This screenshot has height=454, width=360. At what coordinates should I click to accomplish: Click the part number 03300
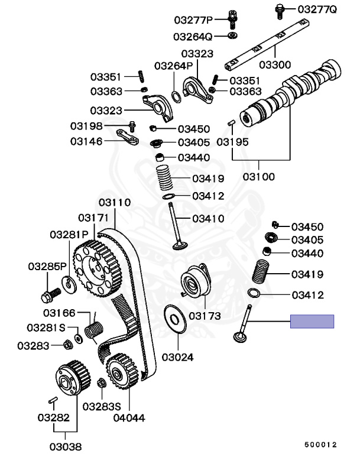tap(274, 64)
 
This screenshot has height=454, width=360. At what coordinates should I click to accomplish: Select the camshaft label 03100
tap(258, 176)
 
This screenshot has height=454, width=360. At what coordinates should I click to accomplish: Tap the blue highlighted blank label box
tap(312, 322)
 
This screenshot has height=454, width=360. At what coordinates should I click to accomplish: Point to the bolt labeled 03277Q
tap(280, 11)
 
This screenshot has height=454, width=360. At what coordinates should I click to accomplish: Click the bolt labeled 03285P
tap(50, 295)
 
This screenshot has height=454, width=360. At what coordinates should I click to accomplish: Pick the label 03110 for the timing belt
tap(115, 202)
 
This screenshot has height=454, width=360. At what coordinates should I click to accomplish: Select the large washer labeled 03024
tap(175, 319)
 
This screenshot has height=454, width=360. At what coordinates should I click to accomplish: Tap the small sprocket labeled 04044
tap(122, 371)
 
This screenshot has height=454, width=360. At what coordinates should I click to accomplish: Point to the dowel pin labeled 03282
tap(53, 400)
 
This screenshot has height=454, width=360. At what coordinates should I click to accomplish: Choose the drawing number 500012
tap(320, 445)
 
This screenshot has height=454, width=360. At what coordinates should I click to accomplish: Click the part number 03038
tap(66, 446)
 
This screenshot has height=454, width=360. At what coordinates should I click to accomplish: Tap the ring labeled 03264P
tap(176, 97)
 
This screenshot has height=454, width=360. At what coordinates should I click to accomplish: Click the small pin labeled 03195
tap(231, 123)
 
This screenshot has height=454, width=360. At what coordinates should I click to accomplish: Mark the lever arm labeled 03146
tap(128, 137)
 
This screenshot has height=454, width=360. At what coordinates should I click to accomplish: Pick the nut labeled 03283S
tap(102, 383)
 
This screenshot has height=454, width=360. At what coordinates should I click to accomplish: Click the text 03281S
tap(46, 327)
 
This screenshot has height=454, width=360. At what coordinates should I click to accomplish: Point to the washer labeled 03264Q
tap(232, 35)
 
